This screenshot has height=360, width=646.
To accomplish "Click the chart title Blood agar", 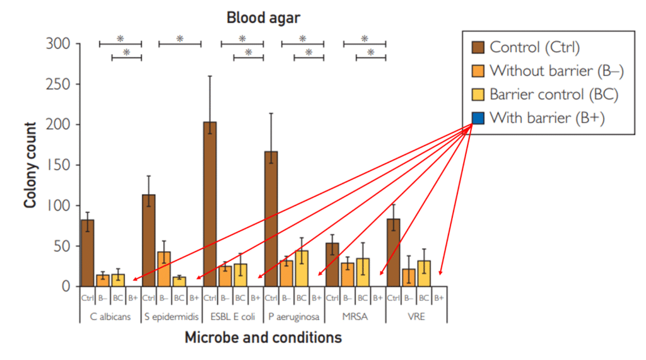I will click(x=264, y=18).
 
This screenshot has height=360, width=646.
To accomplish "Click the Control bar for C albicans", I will click(x=88, y=253).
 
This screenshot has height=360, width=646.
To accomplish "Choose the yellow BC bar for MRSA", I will click(x=363, y=272).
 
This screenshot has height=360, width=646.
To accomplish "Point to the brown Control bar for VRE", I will click(x=393, y=252).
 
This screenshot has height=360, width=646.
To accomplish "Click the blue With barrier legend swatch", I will click(x=478, y=118).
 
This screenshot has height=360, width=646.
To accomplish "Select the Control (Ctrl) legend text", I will click(x=534, y=47).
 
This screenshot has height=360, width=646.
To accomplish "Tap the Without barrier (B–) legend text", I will click(x=556, y=71).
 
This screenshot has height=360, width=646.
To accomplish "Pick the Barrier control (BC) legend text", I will click(x=553, y=95).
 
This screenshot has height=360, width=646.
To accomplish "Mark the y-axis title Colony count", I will click(x=30, y=165).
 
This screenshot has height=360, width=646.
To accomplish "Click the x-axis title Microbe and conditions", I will click(x=263, y=338).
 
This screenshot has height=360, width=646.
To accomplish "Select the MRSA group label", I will click(x=355, y=316).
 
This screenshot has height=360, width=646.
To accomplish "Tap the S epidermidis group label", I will click(x=172, y=316).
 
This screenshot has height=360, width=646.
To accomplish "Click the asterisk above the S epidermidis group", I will click(x=180, y=38).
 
